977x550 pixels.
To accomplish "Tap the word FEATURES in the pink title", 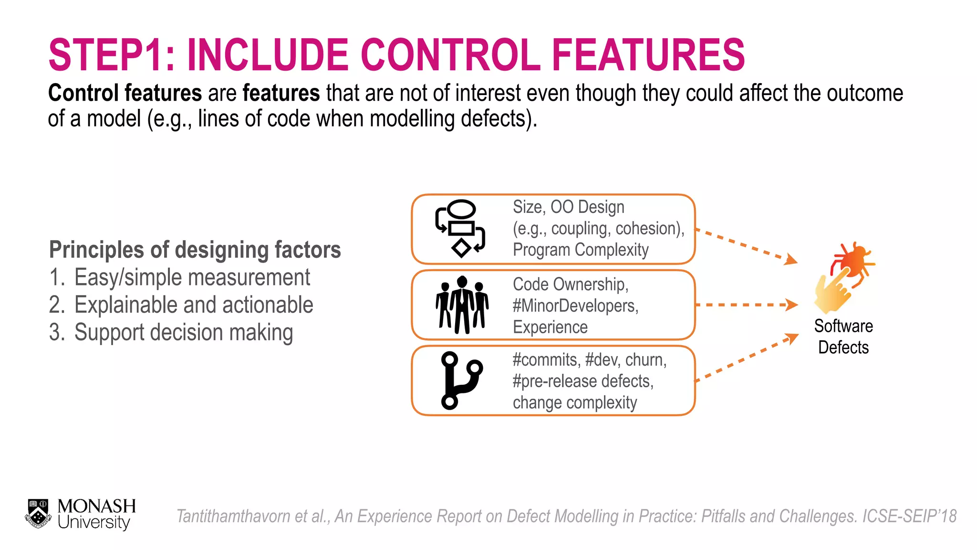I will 648,55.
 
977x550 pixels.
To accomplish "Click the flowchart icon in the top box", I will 460,229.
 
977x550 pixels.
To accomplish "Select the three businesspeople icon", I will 462,305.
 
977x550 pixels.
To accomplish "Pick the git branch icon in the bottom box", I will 460,381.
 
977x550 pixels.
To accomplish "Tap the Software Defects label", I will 843,337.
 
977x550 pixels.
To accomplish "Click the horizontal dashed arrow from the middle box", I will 746,305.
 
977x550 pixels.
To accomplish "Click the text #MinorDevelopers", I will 575,306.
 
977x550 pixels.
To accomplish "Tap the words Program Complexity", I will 581,250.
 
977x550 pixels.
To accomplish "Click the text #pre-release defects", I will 583,381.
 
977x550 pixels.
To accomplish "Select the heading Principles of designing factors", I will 195,250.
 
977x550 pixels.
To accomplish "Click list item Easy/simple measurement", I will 192,277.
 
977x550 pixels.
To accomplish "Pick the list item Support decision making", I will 183,332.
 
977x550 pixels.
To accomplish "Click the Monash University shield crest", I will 38,514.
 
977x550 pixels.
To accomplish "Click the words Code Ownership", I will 570,285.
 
